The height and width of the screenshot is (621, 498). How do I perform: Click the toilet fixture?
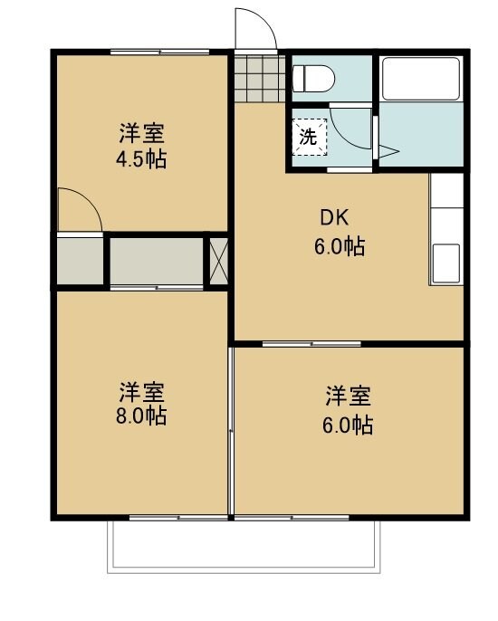[x=313, y=80]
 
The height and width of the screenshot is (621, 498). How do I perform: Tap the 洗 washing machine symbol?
[x=309, y=139]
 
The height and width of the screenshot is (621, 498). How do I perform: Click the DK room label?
[x=333, y=218]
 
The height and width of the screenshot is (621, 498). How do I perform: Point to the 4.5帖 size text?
[x=142, y=160]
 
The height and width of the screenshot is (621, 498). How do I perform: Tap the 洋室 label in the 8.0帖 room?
[x=142, y=393]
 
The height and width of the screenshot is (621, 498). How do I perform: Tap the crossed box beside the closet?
[x=218, y=262]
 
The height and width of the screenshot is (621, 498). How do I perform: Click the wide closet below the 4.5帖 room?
[x=156, y=262]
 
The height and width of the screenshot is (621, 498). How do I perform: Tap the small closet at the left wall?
[x=79, y=262]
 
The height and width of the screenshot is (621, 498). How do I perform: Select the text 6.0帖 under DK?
[x=340, y=245]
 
